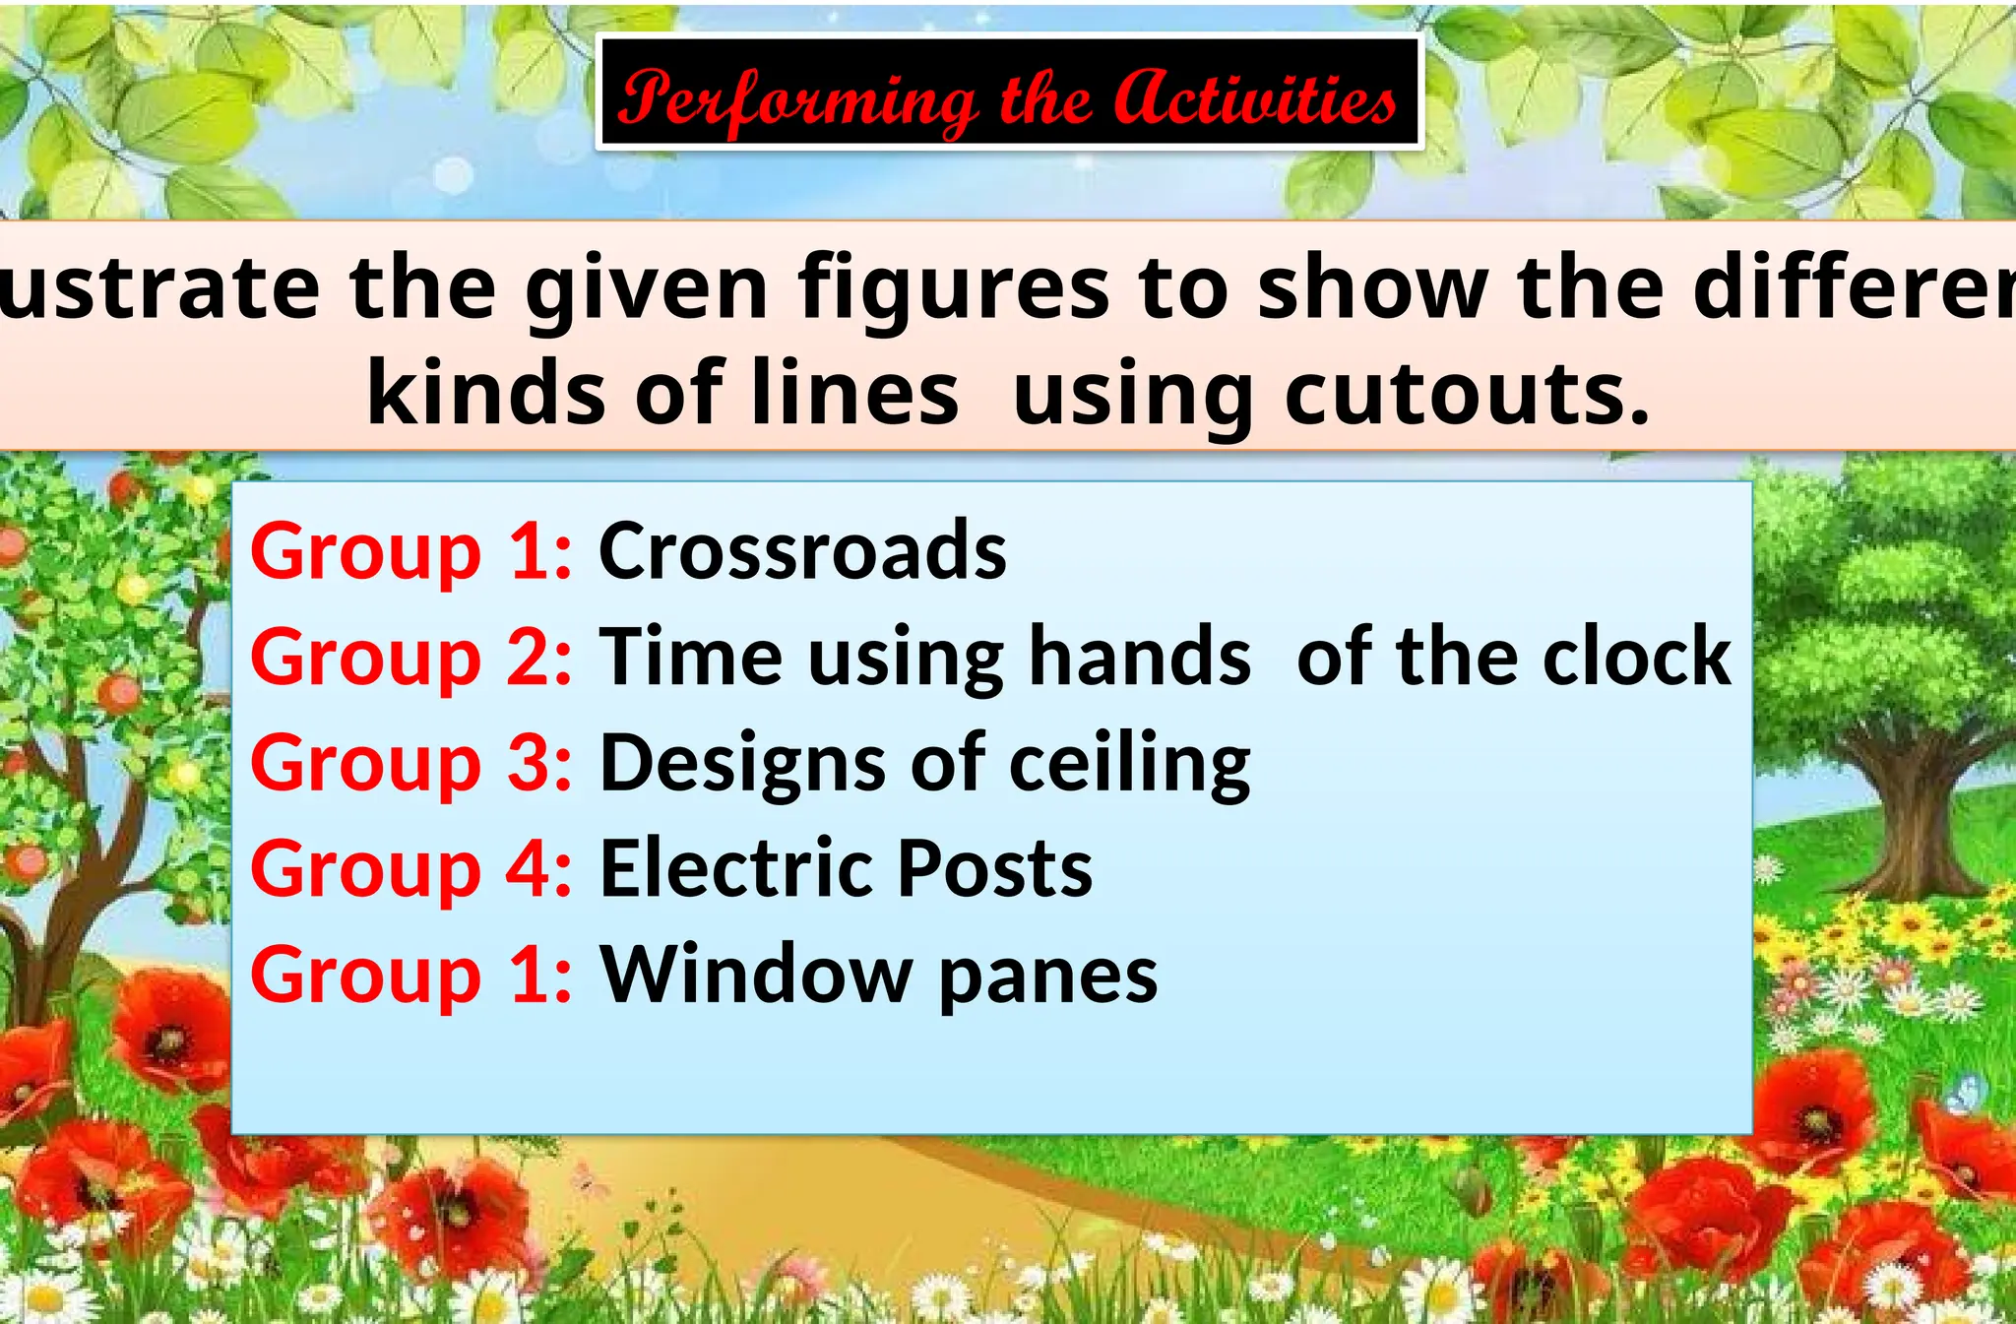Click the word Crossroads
coord(802,550)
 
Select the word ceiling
coord(1129,764)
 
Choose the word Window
coord(756,975)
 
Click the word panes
coord(1047,978)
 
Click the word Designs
coord(743,764)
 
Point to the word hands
coord(1140,657)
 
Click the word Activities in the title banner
coord(1255,98)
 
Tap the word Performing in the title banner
coord(797,101)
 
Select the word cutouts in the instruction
coord(1467,394)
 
